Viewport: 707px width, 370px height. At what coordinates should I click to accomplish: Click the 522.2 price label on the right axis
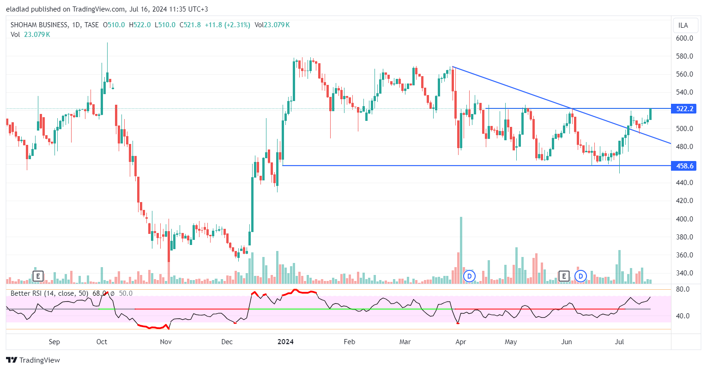click(x=685, y=109)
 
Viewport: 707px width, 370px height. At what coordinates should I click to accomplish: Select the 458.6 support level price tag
click(x=685, y=166)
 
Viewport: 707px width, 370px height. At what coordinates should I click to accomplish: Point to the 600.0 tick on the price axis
click(x=684, y=38)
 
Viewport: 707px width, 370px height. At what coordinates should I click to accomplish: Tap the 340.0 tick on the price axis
click(x=684, y=273)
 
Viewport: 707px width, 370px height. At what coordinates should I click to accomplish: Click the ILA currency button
click(x=683, y=25)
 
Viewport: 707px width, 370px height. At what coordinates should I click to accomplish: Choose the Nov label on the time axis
click(x=166, y=342)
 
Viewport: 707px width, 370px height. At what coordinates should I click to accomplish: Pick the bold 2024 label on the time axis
click(x=285, y=342)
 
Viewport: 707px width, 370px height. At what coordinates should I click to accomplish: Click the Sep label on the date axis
click(x=54, y=342)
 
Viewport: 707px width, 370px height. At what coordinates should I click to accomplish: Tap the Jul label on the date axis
click(x=620, y=342)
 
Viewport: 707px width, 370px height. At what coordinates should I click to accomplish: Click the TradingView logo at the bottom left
click(x=33, y=360)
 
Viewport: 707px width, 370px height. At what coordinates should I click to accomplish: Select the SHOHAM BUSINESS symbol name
click(x=40, y=25)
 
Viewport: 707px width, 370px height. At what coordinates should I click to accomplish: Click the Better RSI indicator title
click(x=50, y=293)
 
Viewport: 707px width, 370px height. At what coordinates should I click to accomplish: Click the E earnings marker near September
click(x=38, y=276)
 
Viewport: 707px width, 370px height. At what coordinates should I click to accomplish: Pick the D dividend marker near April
click(x=469, y=276)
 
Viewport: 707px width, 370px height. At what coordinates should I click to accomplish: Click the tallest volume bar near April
click(x=461, y=250)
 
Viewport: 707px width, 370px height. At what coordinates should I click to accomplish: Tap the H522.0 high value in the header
click(x=140, y=25)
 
